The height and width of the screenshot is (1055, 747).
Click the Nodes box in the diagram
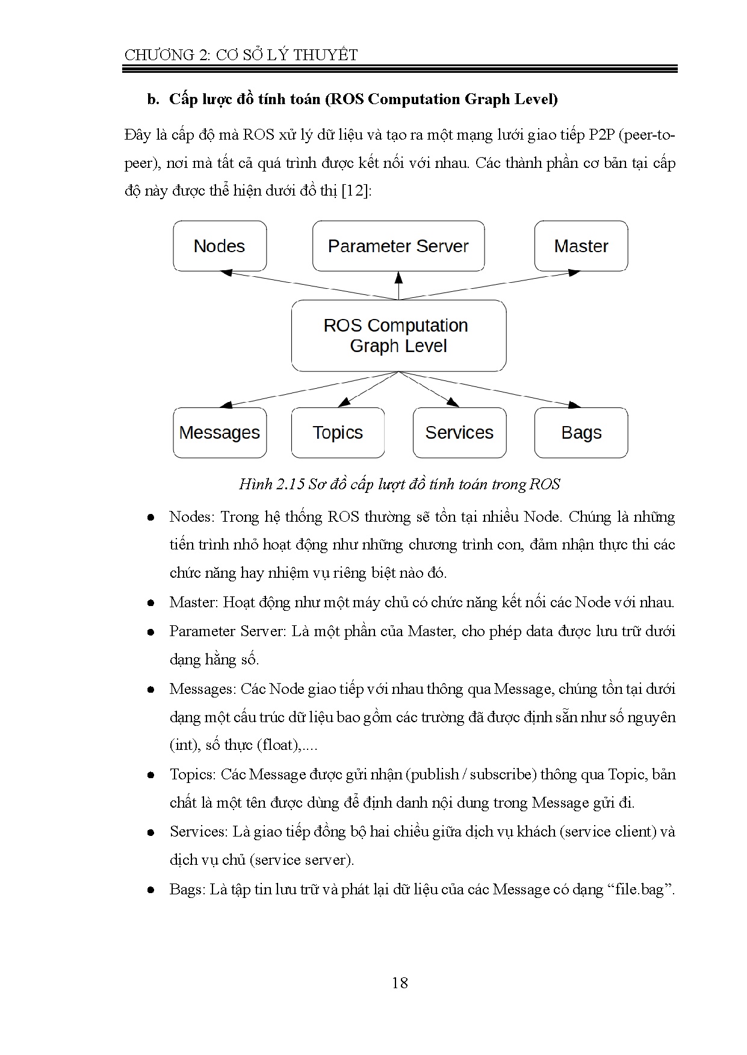click(220, 246)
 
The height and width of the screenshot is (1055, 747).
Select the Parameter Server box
click(398, 246)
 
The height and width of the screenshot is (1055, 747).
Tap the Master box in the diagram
click(581, 246)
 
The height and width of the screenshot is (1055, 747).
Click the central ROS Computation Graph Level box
click(398, 336)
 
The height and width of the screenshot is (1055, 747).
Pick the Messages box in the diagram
click(220, 433)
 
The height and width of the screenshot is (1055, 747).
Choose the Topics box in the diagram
click(338, 433)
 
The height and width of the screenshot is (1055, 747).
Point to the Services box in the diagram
click(459, 433)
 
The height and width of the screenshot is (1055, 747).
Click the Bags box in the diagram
click(581, 433)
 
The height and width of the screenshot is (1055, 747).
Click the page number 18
click(400, 983)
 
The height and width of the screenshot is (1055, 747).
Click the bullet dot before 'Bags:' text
click(151, 889)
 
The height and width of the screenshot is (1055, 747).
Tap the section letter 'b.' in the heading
click(153, 99)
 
